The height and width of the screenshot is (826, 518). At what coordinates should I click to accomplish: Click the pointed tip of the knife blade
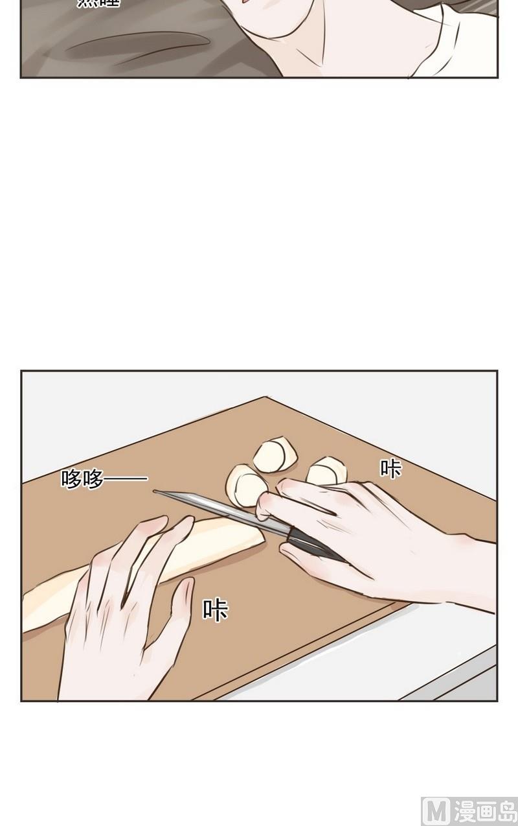pos(155,491)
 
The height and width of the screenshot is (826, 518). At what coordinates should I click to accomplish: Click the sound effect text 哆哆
pos(82,479)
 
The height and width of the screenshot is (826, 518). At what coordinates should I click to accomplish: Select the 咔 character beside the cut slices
pos(390,468)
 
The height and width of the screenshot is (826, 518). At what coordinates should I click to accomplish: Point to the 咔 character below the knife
pos(215,609)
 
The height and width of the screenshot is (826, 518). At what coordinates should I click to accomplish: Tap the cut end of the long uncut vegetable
pos(256,536)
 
